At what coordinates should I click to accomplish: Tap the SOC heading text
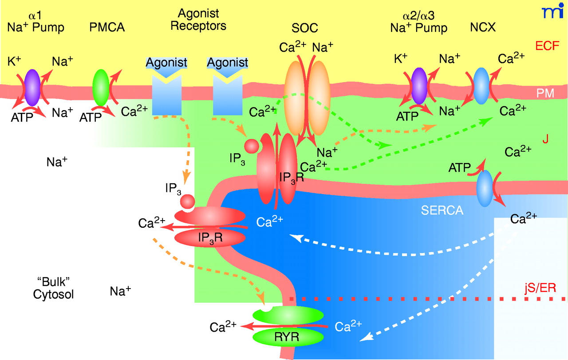303,28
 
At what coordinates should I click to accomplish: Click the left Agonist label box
167,63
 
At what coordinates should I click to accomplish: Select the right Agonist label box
228,63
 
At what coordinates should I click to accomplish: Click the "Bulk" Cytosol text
53,288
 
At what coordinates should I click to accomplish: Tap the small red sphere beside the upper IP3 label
252,146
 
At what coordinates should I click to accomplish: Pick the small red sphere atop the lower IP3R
187,202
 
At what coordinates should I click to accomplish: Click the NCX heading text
482,28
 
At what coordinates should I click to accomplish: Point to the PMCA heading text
107,28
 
